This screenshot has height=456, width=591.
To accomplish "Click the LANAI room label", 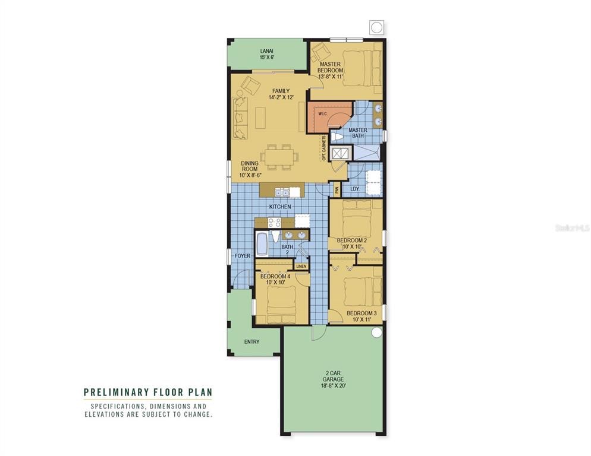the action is click(266, 51).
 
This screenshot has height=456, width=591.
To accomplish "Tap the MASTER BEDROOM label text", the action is click(330, 67).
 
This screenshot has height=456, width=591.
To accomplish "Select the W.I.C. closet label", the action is click(322, 114).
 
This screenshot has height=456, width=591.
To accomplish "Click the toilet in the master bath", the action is click(337, 137).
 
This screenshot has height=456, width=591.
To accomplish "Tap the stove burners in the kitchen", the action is click(275, 223).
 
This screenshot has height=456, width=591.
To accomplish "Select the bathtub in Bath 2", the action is click(261, 243).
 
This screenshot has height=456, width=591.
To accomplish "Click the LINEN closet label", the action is click(301, 267).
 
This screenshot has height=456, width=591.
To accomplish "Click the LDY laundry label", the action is click(355, 189).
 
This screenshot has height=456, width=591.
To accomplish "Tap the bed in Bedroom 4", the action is click(281, 304).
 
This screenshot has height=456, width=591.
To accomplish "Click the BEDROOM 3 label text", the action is click(361, 313).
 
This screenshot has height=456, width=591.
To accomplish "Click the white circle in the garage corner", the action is click(376, 332).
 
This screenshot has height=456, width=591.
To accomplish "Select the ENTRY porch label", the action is click(252, 342).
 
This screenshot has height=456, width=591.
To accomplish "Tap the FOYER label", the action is click(243, 256).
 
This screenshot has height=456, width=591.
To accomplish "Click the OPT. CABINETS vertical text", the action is click(324, 148).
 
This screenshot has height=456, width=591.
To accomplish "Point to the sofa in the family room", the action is click(240, 118).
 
